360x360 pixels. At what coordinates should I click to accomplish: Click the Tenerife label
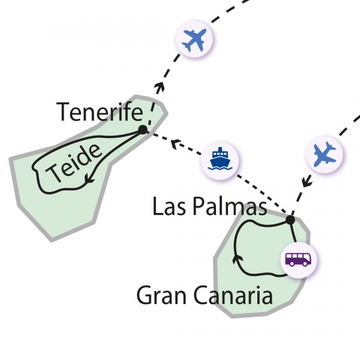click(100, 112)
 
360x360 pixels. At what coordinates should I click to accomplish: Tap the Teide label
click(73, 163)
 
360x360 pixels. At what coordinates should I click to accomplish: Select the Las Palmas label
click(209, 206)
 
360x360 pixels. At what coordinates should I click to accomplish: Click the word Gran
click(161, 295)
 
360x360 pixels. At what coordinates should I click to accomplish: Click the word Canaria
click(233, 295)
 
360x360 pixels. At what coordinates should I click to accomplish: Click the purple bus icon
click(298, 259)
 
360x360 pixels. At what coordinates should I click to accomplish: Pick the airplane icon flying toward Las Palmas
click(325, 154)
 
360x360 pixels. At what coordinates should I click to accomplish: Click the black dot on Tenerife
click(143, 130)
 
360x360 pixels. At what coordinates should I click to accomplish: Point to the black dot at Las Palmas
click(290, 220)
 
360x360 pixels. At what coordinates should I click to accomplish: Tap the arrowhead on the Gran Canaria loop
click(238, 259)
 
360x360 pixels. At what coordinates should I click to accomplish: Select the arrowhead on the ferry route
click(176, 144)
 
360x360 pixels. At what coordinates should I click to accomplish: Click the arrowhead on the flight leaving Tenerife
click(160, 87)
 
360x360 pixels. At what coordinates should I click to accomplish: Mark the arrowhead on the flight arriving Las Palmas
click(307, 181)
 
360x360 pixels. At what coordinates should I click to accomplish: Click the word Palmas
click(230, 206)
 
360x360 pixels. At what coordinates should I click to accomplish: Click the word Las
click(169, 206)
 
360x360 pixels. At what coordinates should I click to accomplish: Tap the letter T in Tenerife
click(62, 112)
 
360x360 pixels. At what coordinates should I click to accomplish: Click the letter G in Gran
click(145, 295)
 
